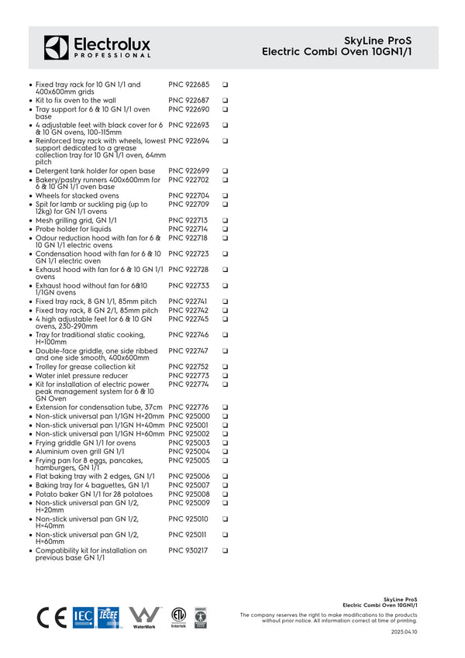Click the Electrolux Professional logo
point(97,47)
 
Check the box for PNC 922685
point(225,84)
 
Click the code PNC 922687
point(188,101)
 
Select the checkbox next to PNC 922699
point(225,171)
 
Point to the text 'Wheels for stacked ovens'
point(77,196)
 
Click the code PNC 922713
point(188,221)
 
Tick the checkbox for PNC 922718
point(225,238)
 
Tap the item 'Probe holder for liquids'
point(74,229)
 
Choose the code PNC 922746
point(188,335)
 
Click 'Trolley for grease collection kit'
point(85,367)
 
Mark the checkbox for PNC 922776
point(225,408)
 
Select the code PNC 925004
point(188,451)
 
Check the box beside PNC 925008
point(225,494)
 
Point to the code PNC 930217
point(188,550)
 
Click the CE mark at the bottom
point(52,617)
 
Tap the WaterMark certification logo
point(144,617)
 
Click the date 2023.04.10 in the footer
point(404,632)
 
